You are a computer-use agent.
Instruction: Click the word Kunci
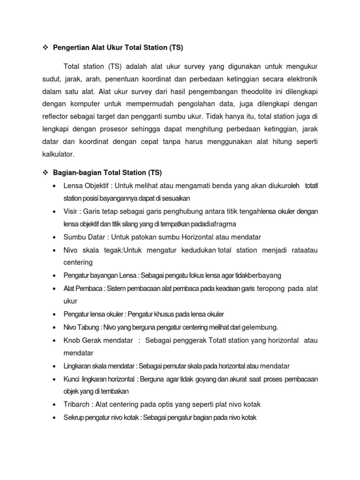73,379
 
